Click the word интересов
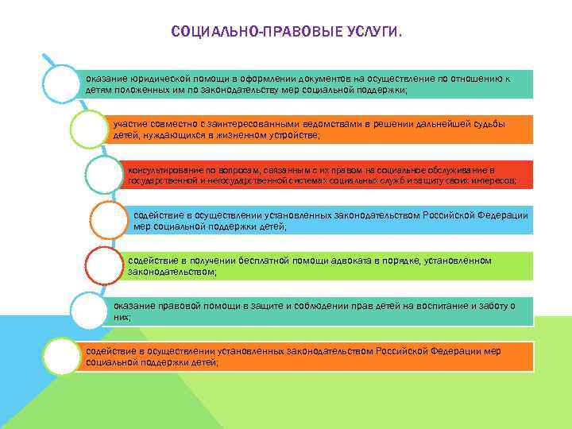pyautogui.click(x=494, y=180)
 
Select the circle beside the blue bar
pyautogui.click(x=109, y=220)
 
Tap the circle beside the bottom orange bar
pyautogui.click(x=62, y=355)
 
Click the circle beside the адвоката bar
pyautogui.click(x=103, y=265)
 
